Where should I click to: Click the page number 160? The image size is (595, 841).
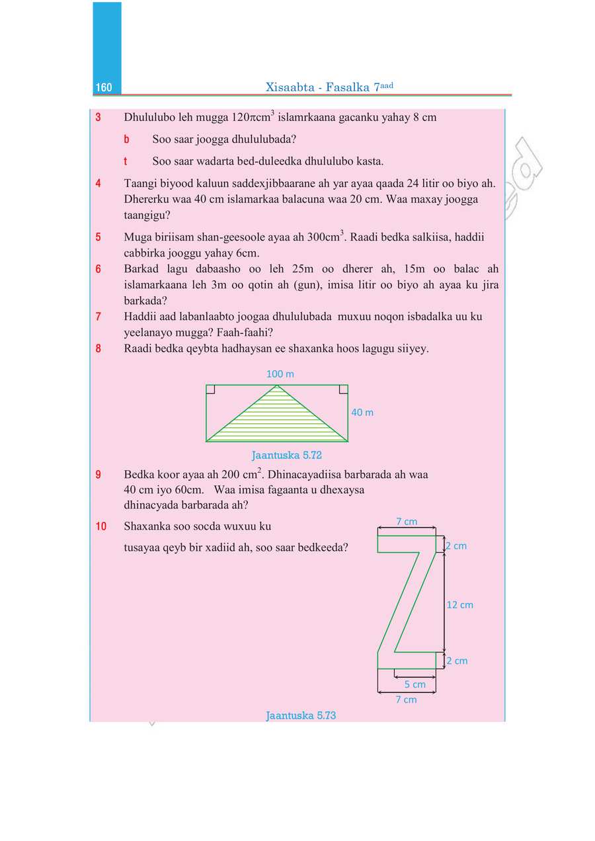104,89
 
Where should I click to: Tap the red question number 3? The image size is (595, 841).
99,118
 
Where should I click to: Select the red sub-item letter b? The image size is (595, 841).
126,140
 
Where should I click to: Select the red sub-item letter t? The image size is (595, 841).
126,161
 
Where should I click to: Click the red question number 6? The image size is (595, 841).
99,269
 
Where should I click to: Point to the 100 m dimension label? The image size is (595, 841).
280,374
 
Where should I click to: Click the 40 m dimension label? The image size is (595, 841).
362,413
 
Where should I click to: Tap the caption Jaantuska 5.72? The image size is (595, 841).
286,456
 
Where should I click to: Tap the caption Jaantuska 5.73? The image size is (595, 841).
301,715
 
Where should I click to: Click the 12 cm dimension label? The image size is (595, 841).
460,605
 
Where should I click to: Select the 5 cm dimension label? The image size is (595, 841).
415,685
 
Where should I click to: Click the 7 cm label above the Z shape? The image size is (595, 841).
407,522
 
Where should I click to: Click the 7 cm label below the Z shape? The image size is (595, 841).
406,700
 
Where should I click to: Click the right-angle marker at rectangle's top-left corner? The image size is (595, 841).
210,389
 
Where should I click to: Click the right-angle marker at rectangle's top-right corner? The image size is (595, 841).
344,389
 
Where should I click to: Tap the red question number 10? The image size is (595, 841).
101,527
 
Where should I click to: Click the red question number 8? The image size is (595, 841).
99,348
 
